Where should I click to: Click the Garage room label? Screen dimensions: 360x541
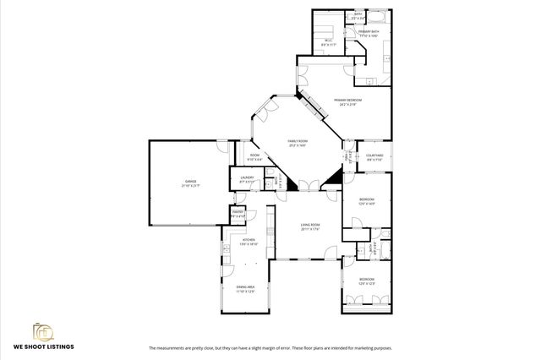click(x=190, y=183)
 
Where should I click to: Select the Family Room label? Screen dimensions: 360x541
click(x=297, y=143)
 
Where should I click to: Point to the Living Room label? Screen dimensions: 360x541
click(x=310, y=226)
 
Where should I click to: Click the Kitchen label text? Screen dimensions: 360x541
click(x=249, y=242)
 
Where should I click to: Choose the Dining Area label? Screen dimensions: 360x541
click(x=246, y=289)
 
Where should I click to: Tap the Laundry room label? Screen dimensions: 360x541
click(x=246, y=179)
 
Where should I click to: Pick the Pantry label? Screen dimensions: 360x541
click(x=238, y=215)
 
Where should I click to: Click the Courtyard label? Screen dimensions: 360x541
click(x=374, y=157)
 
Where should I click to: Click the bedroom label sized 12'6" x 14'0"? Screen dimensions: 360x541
click(x=366, y=201)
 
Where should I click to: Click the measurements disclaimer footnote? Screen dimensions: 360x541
click(x=270, y=347)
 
